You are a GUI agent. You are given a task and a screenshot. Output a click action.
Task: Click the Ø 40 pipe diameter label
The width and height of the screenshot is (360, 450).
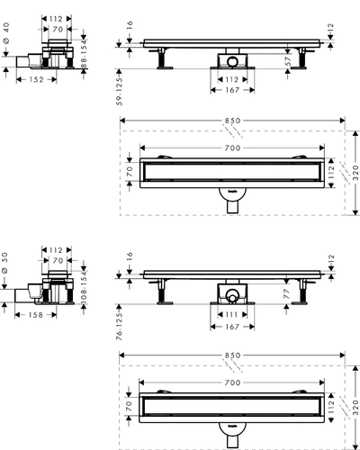click(x=6, y=33)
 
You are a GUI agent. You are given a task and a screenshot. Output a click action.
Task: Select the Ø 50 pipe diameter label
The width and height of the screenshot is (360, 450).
click(x=4, y=263)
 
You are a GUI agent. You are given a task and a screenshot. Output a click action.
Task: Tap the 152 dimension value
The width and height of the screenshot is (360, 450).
click(x=36, y=79)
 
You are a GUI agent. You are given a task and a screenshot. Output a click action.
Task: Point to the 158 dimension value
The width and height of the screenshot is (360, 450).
click(x=36, y=315)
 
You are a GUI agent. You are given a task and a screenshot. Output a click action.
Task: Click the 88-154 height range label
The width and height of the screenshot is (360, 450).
click(x=84, y=55)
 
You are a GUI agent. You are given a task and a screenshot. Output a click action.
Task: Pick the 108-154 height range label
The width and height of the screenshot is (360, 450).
click(x=84, y=287)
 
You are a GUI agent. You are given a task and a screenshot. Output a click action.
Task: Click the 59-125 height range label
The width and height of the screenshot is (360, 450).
click(x=120, y=91)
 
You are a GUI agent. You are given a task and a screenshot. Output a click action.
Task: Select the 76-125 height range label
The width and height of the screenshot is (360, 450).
click(x=120, y=326)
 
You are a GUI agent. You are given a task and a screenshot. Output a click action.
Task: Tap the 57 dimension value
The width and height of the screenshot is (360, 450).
click(x=288, y=61)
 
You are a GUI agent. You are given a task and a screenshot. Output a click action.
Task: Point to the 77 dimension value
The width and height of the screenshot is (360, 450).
click(x=287, y=294)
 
